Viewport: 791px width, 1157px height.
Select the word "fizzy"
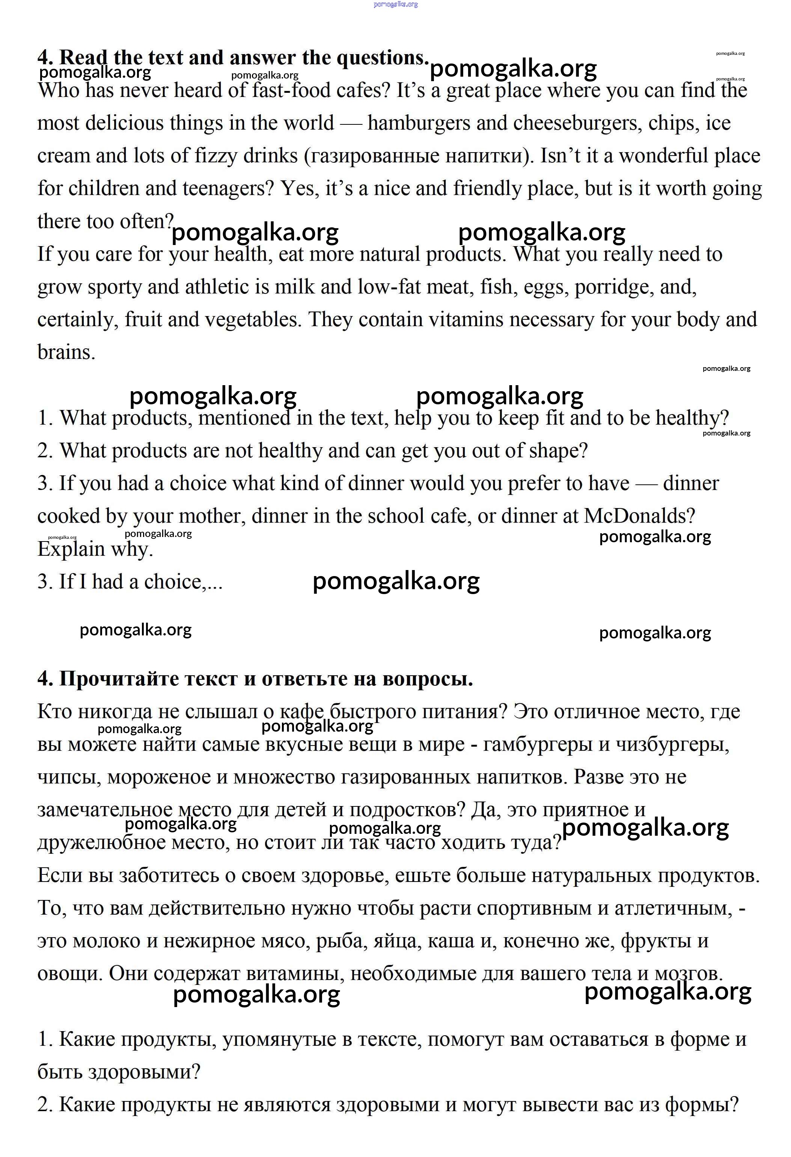point(221,156)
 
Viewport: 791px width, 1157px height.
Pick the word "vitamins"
point(466,320)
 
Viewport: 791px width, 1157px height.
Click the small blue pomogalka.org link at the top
point(396,5)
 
